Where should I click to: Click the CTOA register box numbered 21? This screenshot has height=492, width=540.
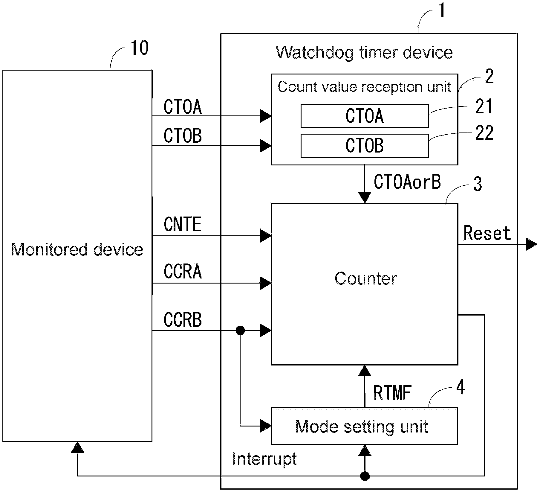(364, 116)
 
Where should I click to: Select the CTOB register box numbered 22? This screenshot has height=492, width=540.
(364, 146)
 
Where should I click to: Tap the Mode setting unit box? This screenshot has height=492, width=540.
(364, 426)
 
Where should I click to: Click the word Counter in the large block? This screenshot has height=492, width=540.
(365, 279)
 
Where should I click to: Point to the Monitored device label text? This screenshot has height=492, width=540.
(77, 249)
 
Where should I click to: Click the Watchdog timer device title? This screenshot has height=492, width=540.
(364, 53)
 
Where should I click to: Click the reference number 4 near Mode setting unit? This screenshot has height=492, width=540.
(461, 388)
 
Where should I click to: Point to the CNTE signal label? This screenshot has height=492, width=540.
(183, 224)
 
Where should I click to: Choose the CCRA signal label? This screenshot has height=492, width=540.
(183, 272)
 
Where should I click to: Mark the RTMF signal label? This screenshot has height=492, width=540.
(392, 393)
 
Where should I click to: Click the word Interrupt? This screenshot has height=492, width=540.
(264, 459)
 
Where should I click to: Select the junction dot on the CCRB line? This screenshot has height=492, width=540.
(240, 330)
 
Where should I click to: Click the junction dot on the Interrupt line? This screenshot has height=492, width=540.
(365, 476)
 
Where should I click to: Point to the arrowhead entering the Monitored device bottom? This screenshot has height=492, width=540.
(77, 447)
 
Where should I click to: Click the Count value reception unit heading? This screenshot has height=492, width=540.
(364, 87)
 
